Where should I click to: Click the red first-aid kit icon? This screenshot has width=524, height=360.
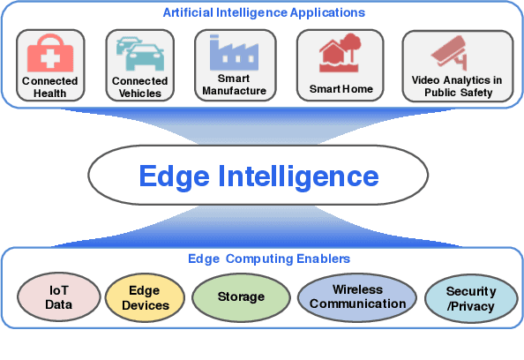pyautogui.click(x=49, y=56)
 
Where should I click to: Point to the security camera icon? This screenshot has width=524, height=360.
pyautogui.click(x=457, y=53)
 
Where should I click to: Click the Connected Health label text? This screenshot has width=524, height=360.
pyautogui.click(x=49, y=87)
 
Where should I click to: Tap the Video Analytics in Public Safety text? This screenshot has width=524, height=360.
pyautogui.click(x=457, y=86)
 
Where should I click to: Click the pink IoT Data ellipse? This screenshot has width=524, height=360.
pyautogui.click(x=58, y=297)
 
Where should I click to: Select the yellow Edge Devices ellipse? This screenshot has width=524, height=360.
pyautogui.click(x=145, y=296)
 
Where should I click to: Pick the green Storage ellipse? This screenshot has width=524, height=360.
pyautogui.click(x=240, y=296)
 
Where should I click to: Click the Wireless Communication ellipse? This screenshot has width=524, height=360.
pyautogui.click(x=357, y=296)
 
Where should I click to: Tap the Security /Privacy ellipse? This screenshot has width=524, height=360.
pyautogui.click(x=470, y=297)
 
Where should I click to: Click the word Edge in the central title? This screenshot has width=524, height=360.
pyautogui.click(x=171, y=176)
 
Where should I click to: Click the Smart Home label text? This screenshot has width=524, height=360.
pyautogui.click(x=341, y=89)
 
